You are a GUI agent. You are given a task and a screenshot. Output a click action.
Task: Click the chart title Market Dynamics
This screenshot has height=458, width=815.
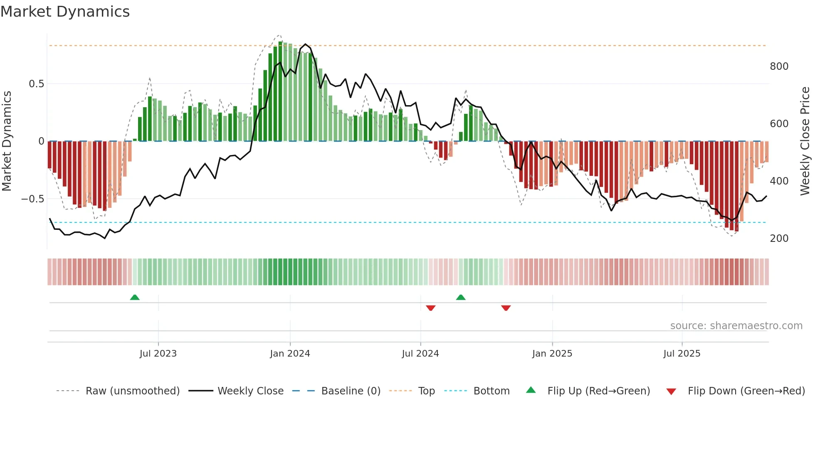pos(65,12)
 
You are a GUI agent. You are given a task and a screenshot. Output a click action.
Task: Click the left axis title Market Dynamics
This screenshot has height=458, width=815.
pos(7,141)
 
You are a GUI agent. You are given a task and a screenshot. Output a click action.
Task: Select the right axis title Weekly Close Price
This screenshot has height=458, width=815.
pos(805,141)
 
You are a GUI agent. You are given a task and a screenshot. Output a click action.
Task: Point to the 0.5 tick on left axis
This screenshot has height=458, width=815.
pos(36,84)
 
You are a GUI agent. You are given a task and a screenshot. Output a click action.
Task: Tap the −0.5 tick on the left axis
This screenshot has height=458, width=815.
pos(33,199)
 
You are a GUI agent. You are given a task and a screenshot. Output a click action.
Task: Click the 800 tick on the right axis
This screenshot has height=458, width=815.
pos(779,66)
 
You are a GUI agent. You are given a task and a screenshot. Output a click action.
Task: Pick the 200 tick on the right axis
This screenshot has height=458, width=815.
pos(779,239)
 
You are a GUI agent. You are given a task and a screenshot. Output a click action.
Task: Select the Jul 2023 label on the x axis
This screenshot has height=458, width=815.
pos(158,354)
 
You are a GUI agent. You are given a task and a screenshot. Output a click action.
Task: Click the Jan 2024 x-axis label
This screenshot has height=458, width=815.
pos(290,354)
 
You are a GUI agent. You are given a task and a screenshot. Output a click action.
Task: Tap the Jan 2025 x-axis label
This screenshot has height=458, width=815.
pos(552,354)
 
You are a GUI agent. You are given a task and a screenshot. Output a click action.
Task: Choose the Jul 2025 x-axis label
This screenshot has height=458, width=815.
pos(682,354)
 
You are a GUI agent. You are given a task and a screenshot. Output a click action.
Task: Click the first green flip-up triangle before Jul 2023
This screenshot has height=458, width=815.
pos(135,298)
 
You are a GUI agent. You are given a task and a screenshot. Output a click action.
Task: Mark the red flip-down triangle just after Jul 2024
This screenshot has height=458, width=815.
pos(431,308)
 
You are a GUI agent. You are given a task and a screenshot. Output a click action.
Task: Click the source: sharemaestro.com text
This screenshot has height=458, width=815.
pos(736,326)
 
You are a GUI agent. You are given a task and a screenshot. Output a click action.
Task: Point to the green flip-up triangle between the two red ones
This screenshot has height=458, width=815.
pos(461,298)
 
